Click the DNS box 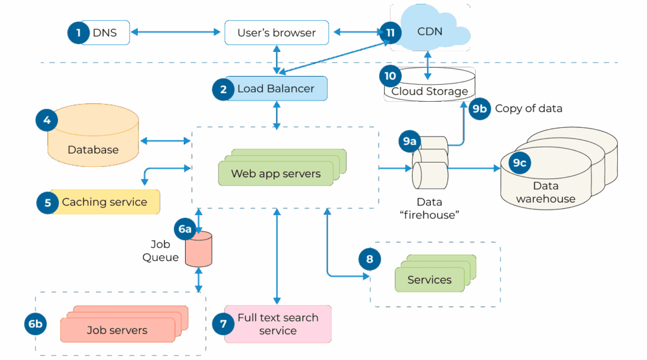tap(105, 33)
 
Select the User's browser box tap(277, 33)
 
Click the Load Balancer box tap(275, 89)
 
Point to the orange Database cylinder tap(93, 139)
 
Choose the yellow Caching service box tap(104, 202)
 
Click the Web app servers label tap(275, 173)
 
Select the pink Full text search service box tap(278, 324)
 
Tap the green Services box tap(430, 280)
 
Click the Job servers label tap(117, 330)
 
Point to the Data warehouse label tap(546, 192)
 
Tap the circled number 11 tap(390, 32)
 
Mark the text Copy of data tap(528, 108)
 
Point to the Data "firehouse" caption tap(429, 208)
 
